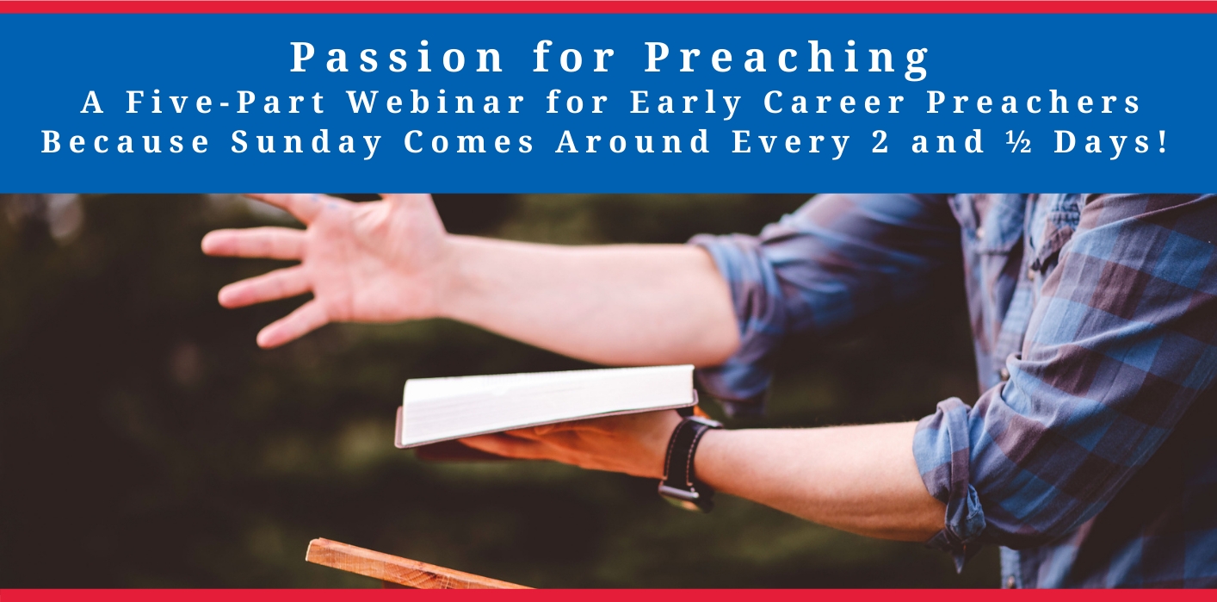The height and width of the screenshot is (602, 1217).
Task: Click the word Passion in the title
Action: (x=397, y=57)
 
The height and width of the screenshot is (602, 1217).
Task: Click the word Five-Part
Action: (x=225, y=102)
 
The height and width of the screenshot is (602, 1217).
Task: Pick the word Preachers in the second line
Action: (x=1034, y=102)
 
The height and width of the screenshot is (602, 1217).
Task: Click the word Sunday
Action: (x=306, y=142)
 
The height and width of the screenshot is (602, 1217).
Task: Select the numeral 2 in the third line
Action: (x=880, y=141)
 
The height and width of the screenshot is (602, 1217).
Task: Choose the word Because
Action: (x=125, y=142)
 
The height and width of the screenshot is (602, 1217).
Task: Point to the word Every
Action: (x=791, y=142)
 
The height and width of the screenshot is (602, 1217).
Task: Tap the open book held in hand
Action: (x=546, y=405)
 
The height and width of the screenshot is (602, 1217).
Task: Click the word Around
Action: (x=633, y=142)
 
